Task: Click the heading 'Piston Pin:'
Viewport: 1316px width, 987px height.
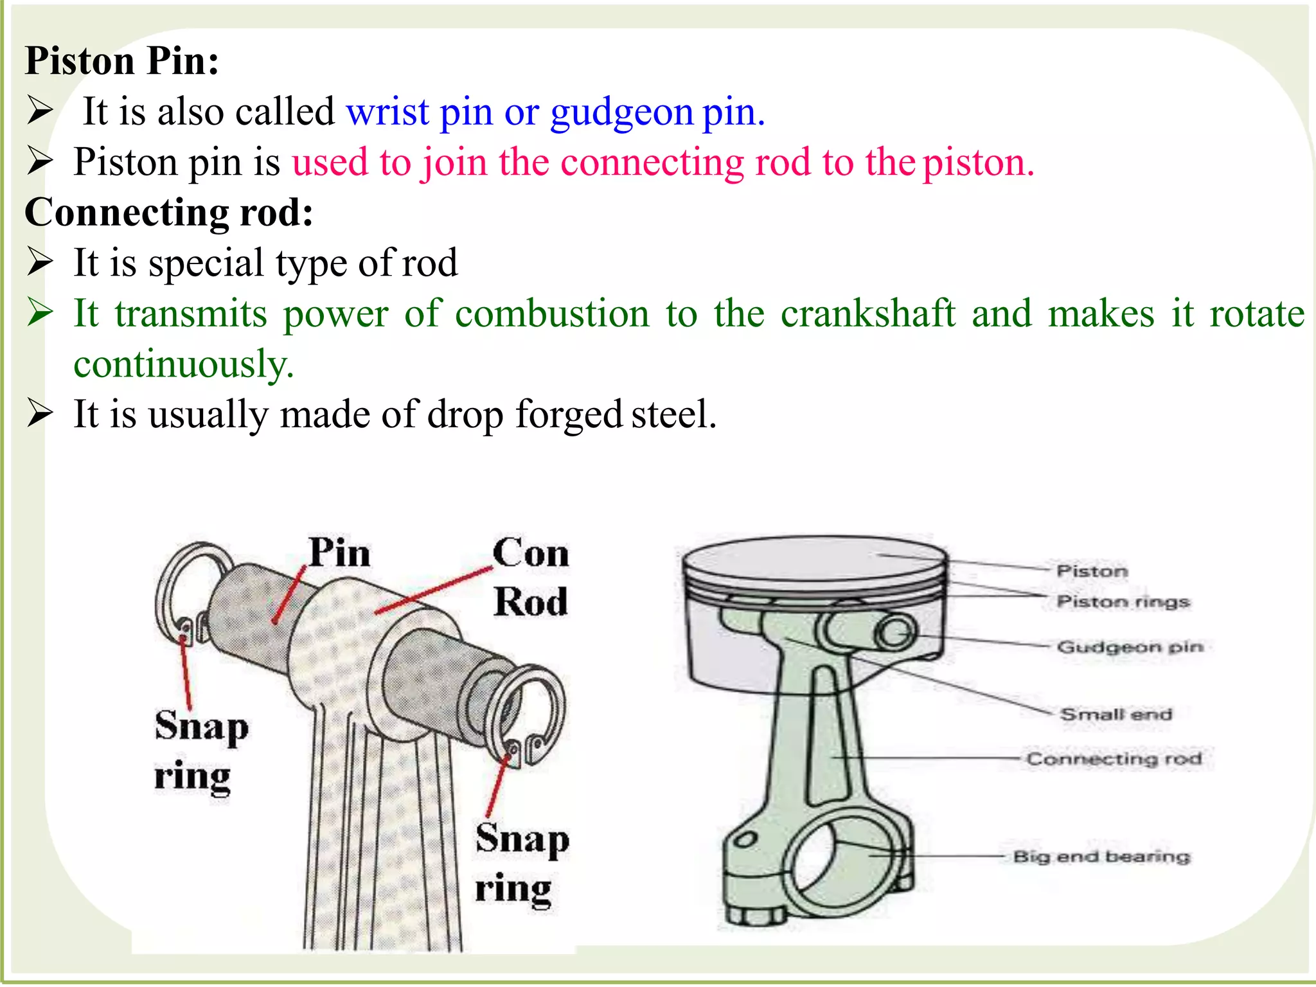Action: tap(122, 62)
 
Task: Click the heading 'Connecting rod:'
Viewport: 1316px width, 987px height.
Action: tap(169, 213)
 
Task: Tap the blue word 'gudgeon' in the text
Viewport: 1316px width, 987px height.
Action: tap(621, 112)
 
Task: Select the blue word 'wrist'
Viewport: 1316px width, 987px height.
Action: tap(387, 112)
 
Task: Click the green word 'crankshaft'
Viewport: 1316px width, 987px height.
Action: tap(867, 314)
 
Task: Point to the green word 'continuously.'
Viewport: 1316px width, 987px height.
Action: tap(184, 364)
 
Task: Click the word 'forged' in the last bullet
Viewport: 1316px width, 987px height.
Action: tap(568, 414)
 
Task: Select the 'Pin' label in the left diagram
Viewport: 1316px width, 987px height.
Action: tap(339, 553)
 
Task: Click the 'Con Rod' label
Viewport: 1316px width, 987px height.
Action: tap(531, 577)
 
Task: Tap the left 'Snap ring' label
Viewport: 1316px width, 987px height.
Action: tap(200, 751)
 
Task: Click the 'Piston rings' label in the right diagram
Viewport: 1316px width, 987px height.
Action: tap(1123, 602)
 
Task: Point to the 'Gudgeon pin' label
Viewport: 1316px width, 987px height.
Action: tap(1130, 647)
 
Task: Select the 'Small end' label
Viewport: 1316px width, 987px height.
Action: tap(1116, 715)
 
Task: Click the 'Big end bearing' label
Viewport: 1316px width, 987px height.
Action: tap(1101, 857)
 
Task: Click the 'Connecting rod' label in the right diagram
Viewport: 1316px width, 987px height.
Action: tap(1114, 759)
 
